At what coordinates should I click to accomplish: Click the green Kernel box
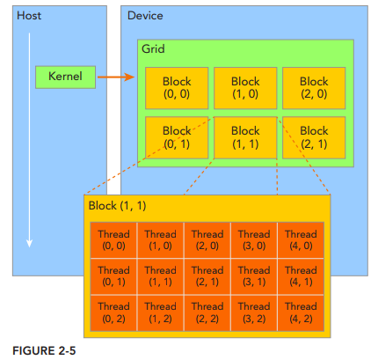[x=65, y=77]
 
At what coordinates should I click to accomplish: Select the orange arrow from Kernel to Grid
[x=116, y=77]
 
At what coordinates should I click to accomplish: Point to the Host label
[x=29, y=16]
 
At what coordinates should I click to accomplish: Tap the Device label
[x=145, y=16]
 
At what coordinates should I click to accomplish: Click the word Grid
[x=153, y=48]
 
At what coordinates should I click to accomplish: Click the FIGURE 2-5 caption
[x=44, y=350]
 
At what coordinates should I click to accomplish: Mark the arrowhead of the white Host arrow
[x=29, y=244]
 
